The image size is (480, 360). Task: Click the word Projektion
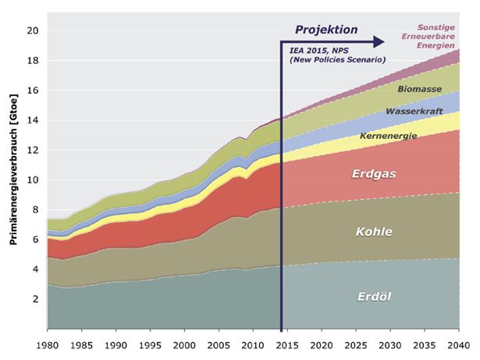pyautogui.click(x=325, y=30)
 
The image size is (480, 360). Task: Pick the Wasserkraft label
pyautogui.click(x=412, y=112)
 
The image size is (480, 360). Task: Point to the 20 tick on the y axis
pyautogui.click(x=32, y=31)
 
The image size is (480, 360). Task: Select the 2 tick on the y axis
pyautogui.click(x=35, y=299)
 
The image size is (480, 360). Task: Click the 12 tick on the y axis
pyautogui.click(x=32, y=150)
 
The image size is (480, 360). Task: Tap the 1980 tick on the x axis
pyautogui.click(x=48, y=344)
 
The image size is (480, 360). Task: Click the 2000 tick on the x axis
pyautogui.click(x=184, y=344)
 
